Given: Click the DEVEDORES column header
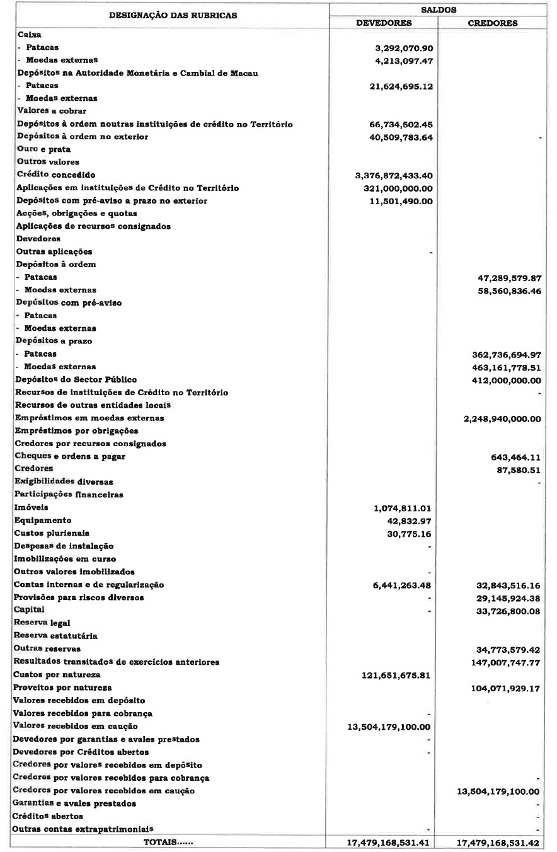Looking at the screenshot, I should [384, 23].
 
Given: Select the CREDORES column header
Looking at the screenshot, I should [493, 23].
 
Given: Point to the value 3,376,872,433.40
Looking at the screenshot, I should [394, 175].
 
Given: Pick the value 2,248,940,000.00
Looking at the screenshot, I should [502, 418].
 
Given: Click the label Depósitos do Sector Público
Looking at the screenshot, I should [76, 379].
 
